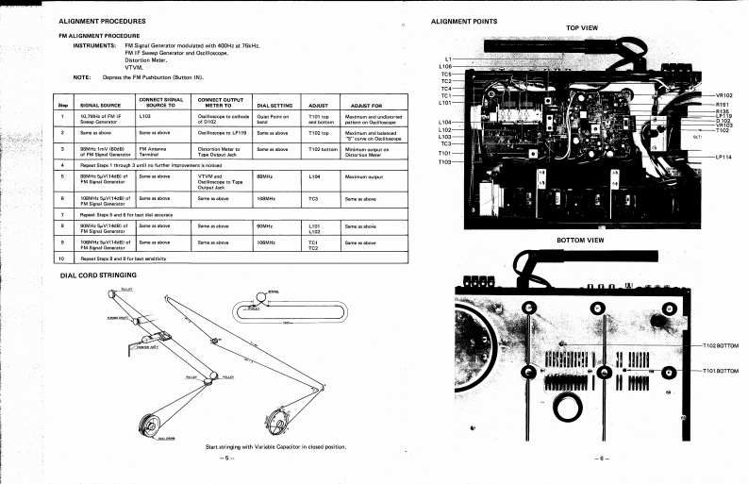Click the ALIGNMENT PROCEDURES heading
[102, 20]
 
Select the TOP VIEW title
[582, 28]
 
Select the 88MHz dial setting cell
[265, 175]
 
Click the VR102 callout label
[726, 95]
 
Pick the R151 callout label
[724, 106]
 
